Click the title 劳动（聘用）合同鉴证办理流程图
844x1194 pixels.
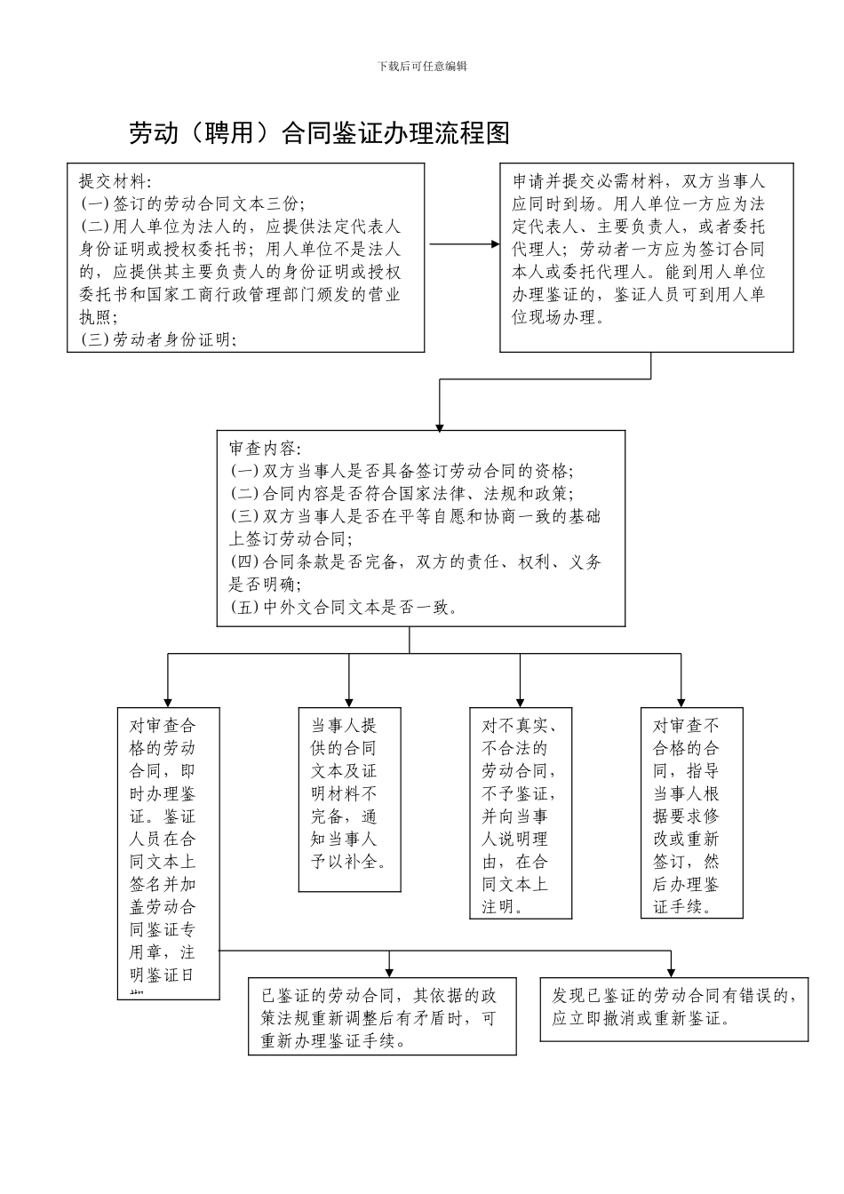(319, 133)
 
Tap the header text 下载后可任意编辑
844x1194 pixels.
(422, 66)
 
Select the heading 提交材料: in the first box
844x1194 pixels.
(115, 181)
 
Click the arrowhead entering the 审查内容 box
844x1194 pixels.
(439, 426)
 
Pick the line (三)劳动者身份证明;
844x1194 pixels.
(158, 339)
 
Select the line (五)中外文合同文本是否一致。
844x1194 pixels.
(345, 608)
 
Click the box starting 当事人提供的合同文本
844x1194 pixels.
(349, 800)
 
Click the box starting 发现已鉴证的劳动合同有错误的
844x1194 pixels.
(673, 1008)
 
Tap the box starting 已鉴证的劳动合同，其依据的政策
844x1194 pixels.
(382, 1016)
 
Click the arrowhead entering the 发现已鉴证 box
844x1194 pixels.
(672, 971)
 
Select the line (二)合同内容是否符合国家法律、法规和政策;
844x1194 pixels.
(402, 494)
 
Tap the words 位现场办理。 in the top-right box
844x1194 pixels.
(559, 317)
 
